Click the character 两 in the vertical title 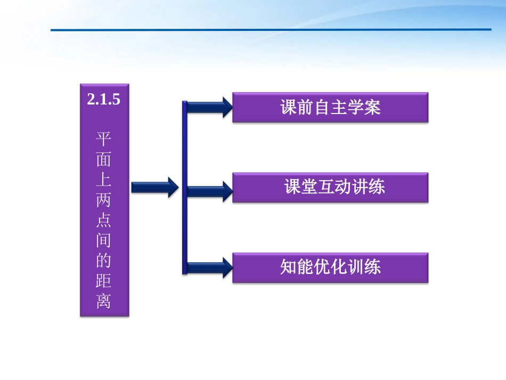[104, 200]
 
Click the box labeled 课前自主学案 [330, 108]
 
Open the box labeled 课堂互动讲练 [330, 187]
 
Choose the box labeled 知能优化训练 [330, 267]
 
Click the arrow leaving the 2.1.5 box [154, 187]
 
